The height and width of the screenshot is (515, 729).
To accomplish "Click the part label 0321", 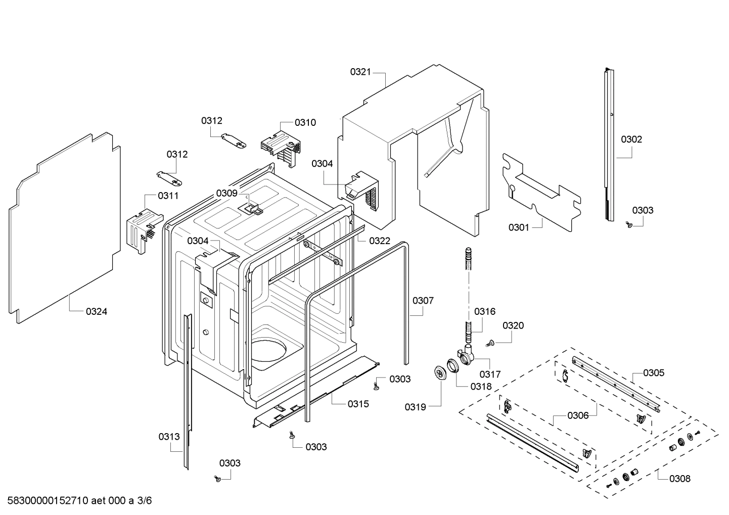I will tap(360, 72).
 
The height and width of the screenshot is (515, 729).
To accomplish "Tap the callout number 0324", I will tap(96, 311).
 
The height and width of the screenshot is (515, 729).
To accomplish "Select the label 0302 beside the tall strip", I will tap(631, 139).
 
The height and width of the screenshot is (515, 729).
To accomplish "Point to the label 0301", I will tap(519, 227).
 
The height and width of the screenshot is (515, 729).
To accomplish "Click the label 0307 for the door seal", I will tap(423, 301).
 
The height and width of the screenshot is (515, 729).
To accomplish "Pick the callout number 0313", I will tap(169, 437).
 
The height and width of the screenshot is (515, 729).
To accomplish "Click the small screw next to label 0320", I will tap(489, 344).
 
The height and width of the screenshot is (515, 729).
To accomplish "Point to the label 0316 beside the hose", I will tap(484, 312).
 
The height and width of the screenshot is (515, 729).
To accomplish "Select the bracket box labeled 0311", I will tap(143, 230).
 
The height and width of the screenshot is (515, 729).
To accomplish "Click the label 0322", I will tap(380, 241).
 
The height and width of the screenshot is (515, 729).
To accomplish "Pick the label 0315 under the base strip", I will tap(358, 404).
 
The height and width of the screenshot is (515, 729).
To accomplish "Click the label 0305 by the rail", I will tap(654, 373).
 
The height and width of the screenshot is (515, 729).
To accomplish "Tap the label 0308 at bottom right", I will tap(679, 478).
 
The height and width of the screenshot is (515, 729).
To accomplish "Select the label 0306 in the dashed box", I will tap(578, 415).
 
